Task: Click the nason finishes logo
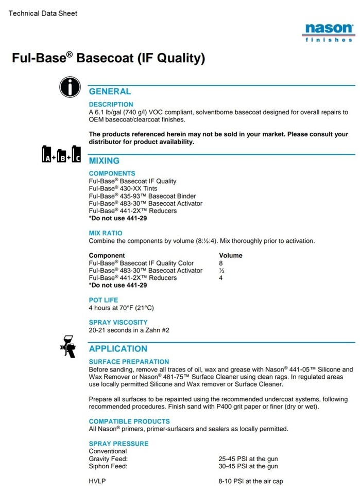328,32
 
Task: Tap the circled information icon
70,87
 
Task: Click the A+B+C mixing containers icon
61,155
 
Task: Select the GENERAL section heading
110,92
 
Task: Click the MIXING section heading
104,161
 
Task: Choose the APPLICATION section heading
118,348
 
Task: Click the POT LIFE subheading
103,300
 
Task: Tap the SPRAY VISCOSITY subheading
118,322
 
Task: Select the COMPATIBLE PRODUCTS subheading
129,421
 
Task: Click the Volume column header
230,255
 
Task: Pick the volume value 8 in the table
221,263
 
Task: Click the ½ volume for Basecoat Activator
221,270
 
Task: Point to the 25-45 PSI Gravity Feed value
248,458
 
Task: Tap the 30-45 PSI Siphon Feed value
248,466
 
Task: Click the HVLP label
97,481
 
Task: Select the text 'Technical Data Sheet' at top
43,13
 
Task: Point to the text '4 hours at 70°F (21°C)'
121,308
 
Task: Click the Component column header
107,255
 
